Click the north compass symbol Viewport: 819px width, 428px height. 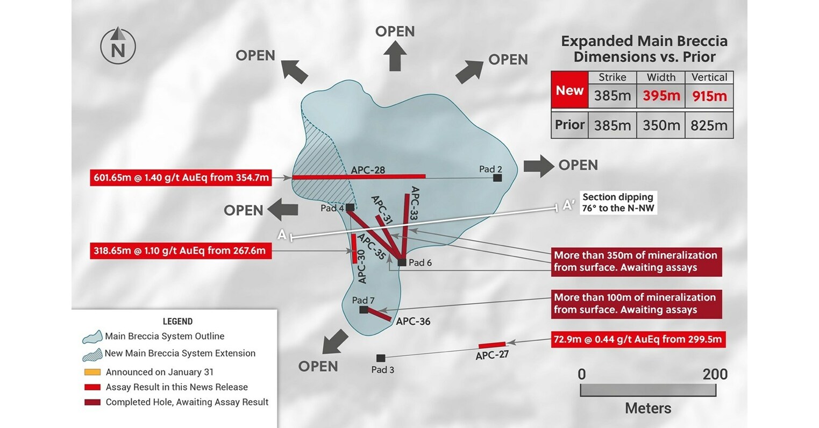pos(118,46)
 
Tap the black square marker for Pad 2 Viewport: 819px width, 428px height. pos(497,177)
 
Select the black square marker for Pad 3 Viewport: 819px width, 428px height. pos(381,358)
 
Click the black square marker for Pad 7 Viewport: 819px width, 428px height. pos(364,310)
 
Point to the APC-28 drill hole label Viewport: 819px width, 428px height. pos(368,170)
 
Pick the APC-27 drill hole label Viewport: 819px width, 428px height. pos(492,355)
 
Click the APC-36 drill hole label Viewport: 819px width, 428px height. pos(413,322)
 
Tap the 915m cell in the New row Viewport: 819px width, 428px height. pos(709,96)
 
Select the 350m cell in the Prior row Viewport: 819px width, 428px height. pos(661,125)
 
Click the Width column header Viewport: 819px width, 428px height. pos(661,77)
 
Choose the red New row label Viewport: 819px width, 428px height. pos(569,90)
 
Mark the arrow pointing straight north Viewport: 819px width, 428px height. pos(395,55)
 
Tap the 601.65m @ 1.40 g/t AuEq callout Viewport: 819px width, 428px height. pos(180,177)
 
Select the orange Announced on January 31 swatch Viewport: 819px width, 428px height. pos(92,372)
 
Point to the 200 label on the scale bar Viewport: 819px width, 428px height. pos(715,374)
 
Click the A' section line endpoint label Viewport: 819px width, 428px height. pos(568,205)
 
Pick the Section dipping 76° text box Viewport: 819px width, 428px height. pos(618,203)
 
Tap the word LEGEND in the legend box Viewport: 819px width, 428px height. pos(177,322)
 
